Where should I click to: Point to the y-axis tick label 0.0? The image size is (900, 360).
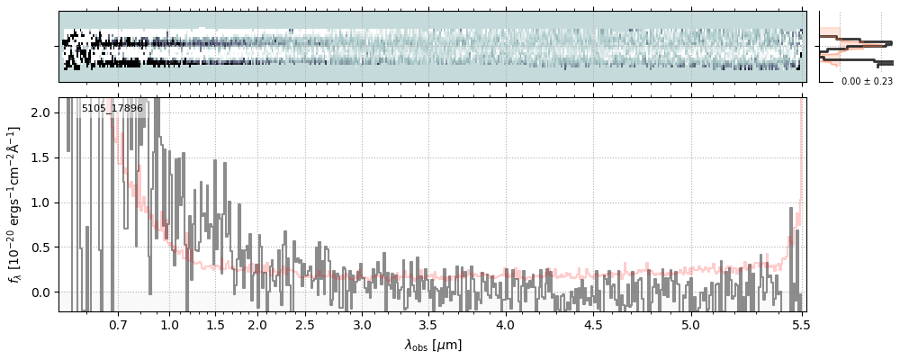coord(42,292)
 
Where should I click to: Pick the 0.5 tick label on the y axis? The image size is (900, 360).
coord(42,247)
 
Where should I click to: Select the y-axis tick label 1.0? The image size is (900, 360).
coord(42,202)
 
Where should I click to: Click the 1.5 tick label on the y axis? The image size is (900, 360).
coord(42,157)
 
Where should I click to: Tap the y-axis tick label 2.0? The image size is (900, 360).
coord(42,112)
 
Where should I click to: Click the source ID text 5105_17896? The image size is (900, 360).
coord(112,109)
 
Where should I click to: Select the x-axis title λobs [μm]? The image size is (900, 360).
coord(433,345)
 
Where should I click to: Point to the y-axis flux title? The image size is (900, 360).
coord(14,204)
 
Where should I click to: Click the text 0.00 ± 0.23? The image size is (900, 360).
coord(867,81)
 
